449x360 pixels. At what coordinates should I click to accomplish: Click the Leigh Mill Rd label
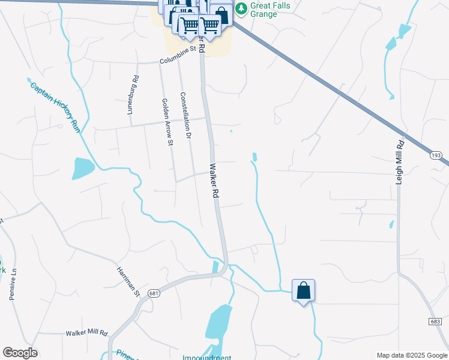[x=400, y=162]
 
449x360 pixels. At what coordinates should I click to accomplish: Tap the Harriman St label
[x=128, y=280]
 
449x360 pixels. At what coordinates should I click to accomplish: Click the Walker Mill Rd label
[x=86, y=332]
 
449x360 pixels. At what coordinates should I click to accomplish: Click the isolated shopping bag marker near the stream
[x=303, y=290]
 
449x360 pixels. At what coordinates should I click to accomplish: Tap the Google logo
[x=20, y=353]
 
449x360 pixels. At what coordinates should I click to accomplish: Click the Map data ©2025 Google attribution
[x=412, y=355]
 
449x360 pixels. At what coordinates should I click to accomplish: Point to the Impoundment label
[x=208, y=358]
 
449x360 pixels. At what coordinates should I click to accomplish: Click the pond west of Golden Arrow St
[x=82, y=169]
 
